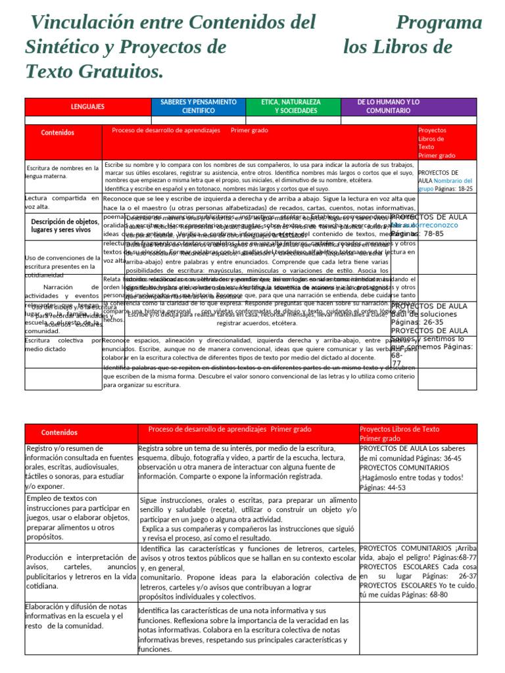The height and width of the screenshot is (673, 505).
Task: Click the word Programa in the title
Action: click(444, 24)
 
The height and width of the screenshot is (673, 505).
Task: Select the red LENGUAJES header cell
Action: click(87, 106)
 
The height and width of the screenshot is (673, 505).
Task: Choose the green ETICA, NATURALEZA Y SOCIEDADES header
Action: click(291, 106)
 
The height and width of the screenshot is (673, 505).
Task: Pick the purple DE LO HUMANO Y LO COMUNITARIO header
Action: click(388, 106)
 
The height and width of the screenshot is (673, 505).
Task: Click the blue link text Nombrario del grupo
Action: click(454, 184)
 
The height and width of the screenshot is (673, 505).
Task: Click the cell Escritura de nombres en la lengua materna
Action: click(62, 172)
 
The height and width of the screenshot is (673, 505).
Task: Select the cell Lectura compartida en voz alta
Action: click(62, 202)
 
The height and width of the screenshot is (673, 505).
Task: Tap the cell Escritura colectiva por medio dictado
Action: click(62, 345)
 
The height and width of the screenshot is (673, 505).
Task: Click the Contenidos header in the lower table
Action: click(59, 433)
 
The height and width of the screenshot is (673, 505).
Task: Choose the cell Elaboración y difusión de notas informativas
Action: click(73, 616)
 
